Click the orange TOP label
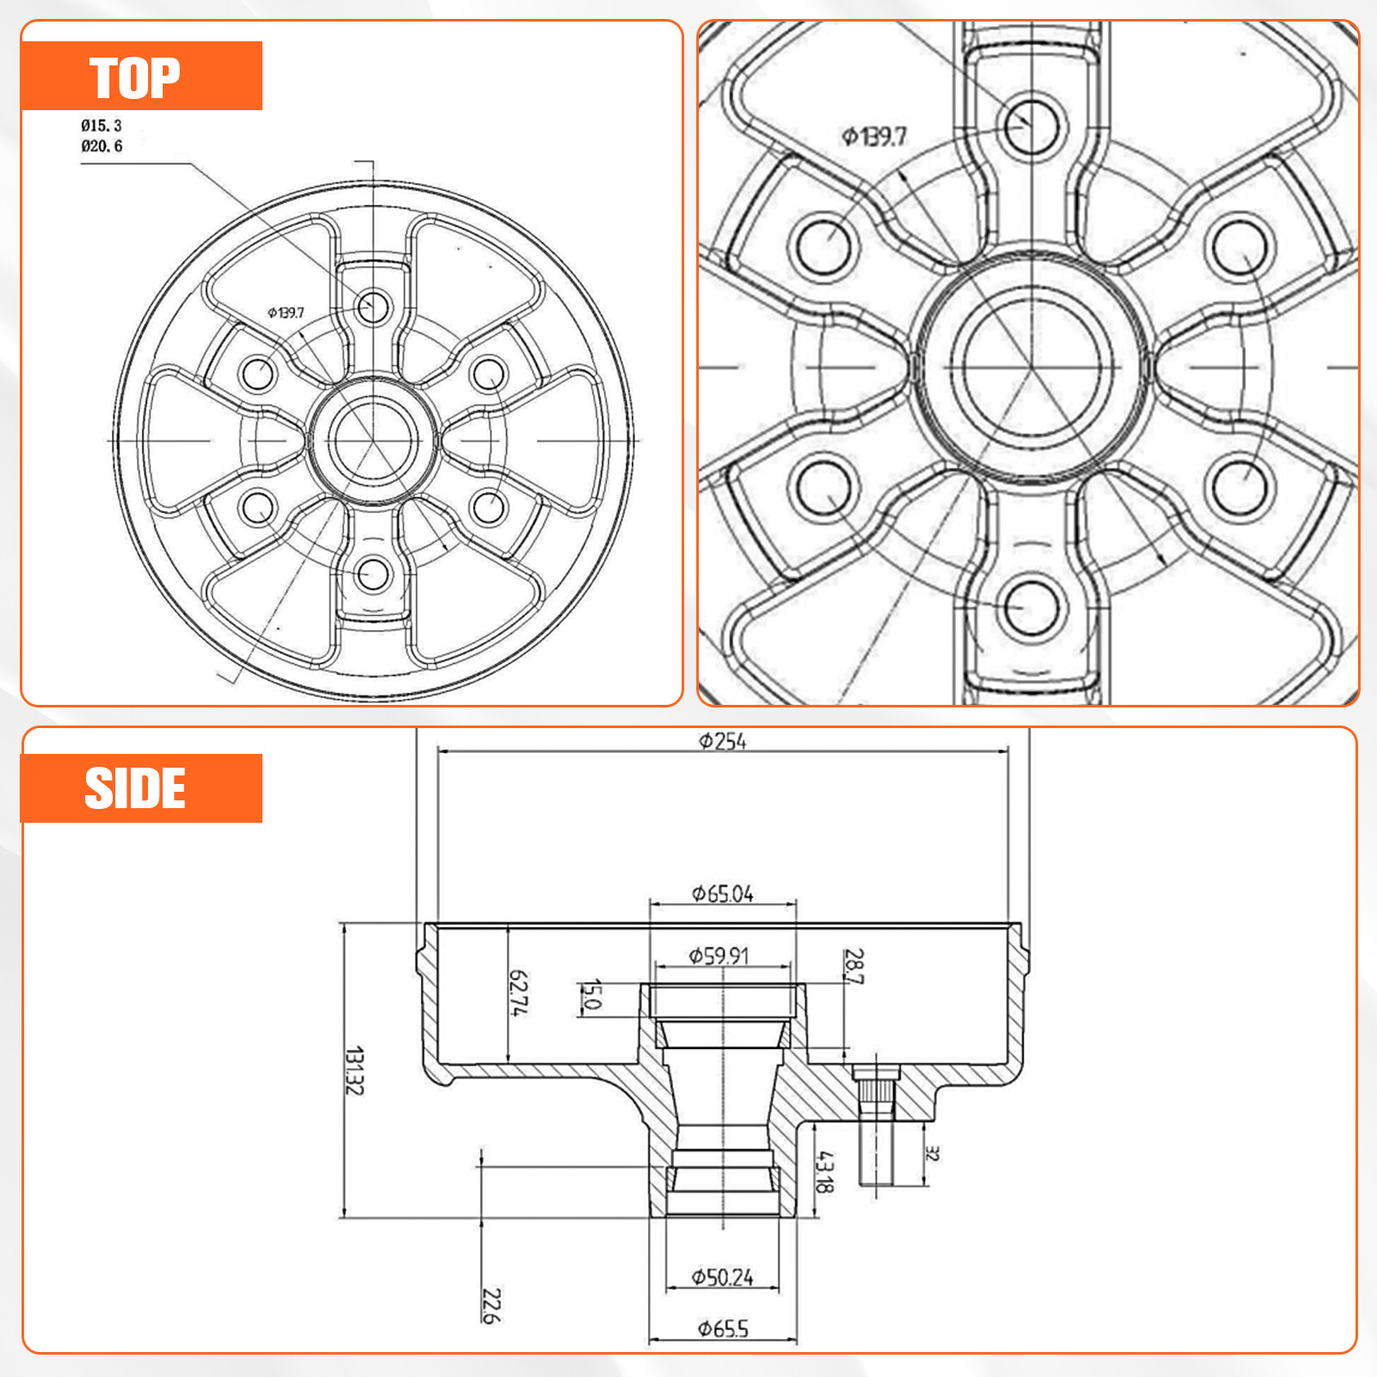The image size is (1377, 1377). click(x=142, y=76)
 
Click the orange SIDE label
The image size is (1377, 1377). click(x=142, y=788)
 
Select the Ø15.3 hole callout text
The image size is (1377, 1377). click(x=102, y=126)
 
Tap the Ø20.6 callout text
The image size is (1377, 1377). click(x=102, y=146)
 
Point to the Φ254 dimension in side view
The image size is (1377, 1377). click(x=722, y=741)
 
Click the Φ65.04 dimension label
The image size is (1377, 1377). click(x=722, y=894)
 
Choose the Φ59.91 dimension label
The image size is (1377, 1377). click(x=719, y=956)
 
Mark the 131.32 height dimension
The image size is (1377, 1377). click(x=354, y=1071)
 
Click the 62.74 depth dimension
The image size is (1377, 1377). click(x=519, y=992)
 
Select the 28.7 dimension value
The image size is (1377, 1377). click(x=854, y=966)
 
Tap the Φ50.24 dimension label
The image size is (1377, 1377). click(x=722, y=1278)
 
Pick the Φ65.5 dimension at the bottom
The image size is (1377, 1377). click(x=723, y=1329)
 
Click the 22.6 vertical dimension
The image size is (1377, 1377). click(x=491, y=1306)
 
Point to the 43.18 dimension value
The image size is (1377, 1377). click(x=824, y=1172)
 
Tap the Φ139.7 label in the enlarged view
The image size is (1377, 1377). click(x=874, y=137)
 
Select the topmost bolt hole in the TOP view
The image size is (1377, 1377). click(x=374, y=306)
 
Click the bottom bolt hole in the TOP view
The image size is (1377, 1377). click(x=374, y=574)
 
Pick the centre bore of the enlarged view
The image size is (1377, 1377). click(x=1032, y=367)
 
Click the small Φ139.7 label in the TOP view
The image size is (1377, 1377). click(x=286, y=312)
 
